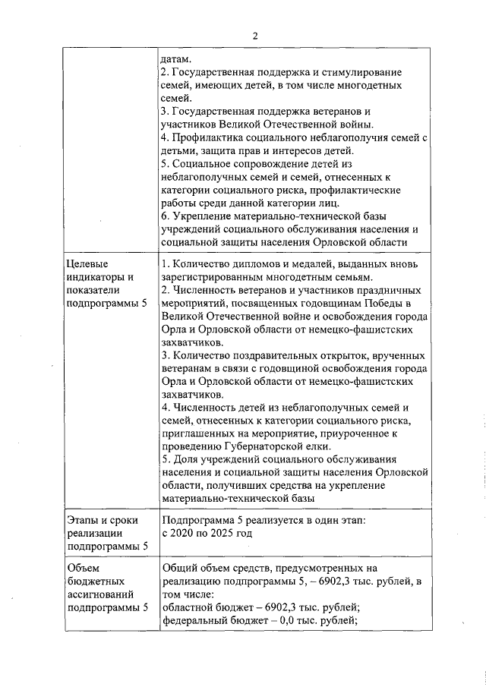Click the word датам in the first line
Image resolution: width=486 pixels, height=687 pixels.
175,58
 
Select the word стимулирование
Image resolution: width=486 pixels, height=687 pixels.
358,72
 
